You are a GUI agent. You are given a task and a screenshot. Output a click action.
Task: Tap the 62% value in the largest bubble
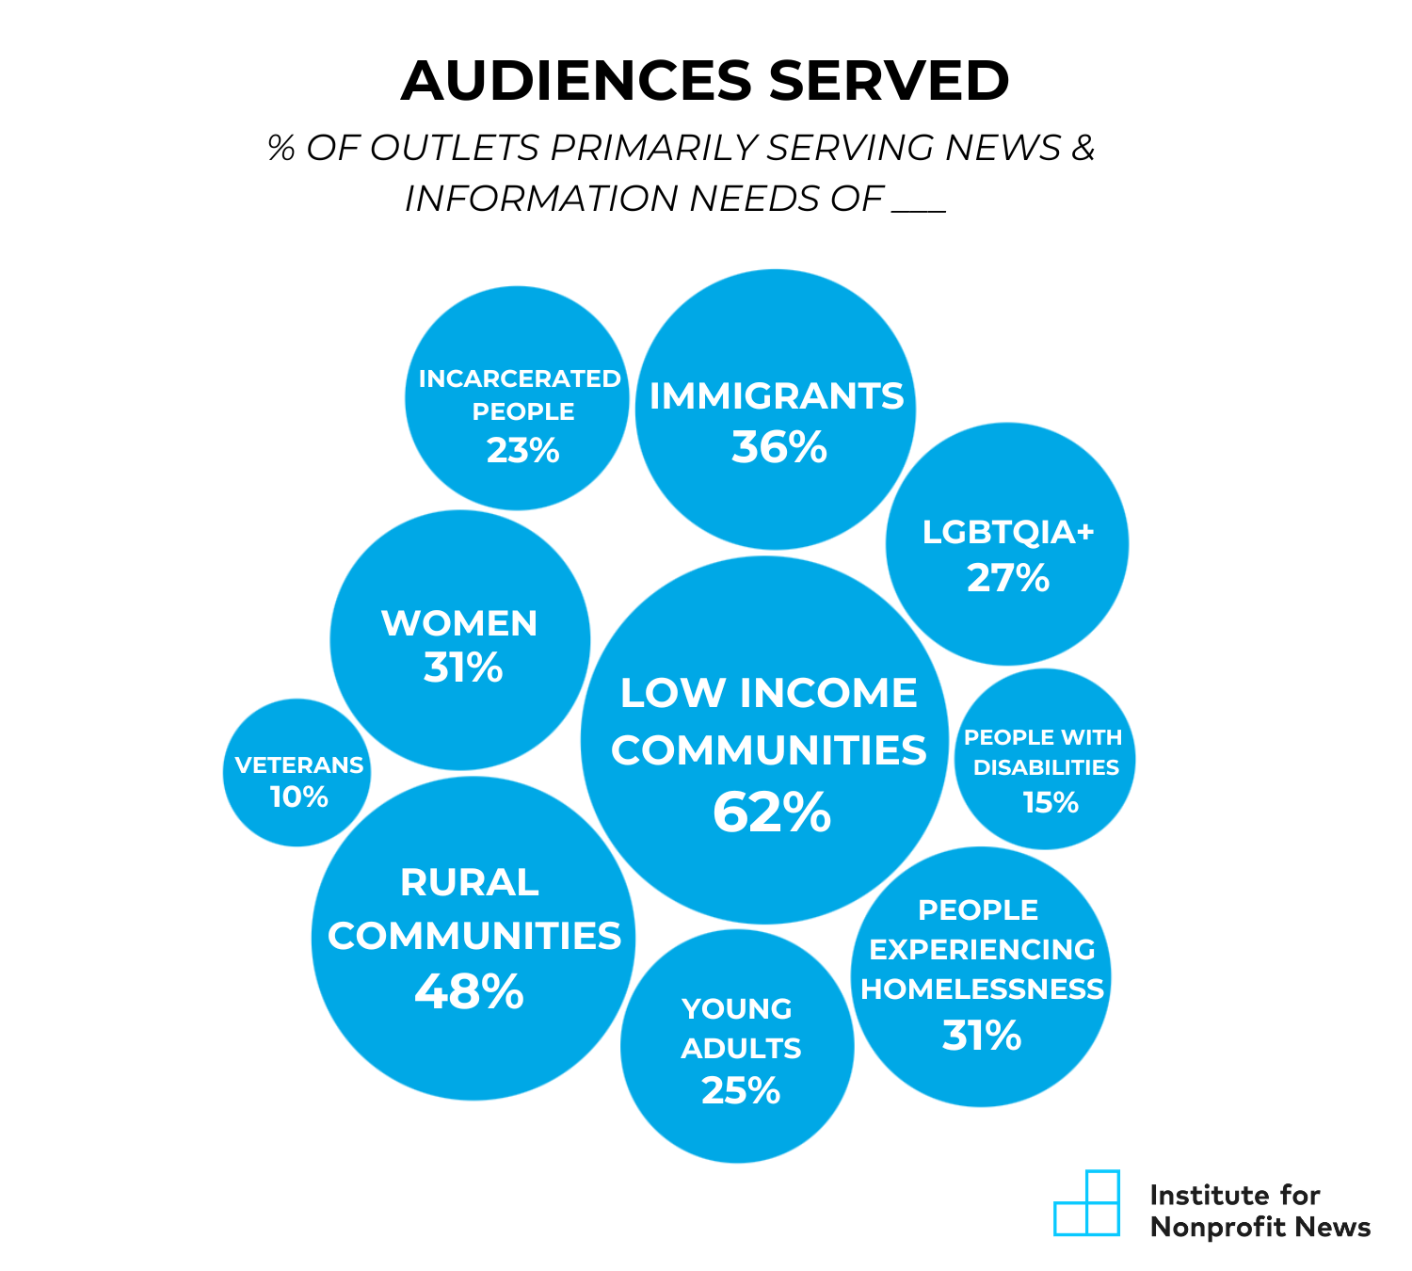[x=772, y=812]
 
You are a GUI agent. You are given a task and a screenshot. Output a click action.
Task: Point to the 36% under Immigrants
[x=778, y=447]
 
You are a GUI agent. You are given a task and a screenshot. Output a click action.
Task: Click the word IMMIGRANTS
[x=777, y=396]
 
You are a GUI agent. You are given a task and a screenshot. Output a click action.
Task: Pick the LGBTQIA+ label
[x=1008, y=532]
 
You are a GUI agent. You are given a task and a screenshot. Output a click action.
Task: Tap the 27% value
[x=1008, y=578]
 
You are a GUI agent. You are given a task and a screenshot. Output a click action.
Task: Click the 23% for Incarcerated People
[x=522, y=451]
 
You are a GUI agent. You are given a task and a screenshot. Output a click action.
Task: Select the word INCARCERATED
[x=520, y=378]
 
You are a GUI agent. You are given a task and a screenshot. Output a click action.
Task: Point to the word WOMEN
[x=459, y=623]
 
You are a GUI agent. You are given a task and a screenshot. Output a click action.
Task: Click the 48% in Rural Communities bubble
[x=469, y=991]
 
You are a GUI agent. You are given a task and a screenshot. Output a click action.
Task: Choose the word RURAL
[x=469, y=883]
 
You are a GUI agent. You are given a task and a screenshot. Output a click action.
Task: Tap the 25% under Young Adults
[x=741, y=1090]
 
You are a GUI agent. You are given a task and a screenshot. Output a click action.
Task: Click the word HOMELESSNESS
[x=982, y=989]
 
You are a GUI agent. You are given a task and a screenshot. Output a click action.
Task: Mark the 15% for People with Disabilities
[x=1051, y=802]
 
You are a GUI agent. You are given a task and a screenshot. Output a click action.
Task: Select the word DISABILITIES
[x=1046, y=767]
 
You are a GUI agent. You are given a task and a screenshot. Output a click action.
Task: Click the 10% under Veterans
[x=298, y=797]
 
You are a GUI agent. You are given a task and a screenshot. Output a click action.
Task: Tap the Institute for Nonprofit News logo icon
[x=1087, y=1203]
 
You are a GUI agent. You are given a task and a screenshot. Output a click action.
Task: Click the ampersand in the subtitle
[x=1083, y=148]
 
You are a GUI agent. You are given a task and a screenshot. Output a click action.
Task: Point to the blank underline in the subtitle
[x=918, y=209]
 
